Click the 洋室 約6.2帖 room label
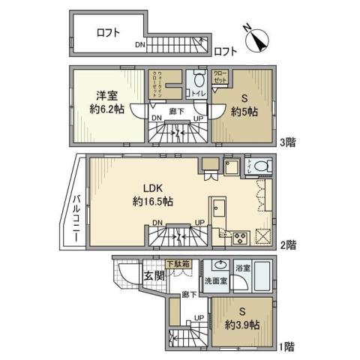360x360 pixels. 106,100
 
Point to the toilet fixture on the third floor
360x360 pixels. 199,80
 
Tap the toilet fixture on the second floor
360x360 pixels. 259,167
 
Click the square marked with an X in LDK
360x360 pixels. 263,235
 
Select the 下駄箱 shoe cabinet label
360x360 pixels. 178,264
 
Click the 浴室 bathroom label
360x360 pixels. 242,266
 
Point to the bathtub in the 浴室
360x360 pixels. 262,274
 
